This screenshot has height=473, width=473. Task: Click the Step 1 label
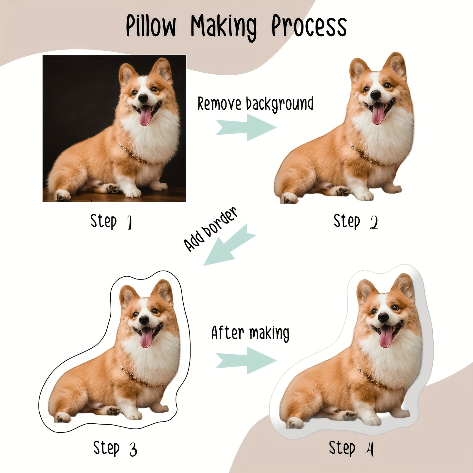coord(111,222)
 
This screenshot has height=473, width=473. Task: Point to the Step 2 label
coord(355,222)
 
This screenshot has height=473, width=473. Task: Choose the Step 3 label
coord(115,448)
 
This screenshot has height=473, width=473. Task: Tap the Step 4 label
coord(351,448)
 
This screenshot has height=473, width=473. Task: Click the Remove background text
coord(255,104)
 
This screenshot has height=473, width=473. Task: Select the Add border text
coord(210,229)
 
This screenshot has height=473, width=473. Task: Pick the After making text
coord(250,333)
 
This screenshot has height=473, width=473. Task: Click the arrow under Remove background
coord(246,127)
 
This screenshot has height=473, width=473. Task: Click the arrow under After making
coord(246,360)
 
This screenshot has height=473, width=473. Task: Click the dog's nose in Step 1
coord(143,98)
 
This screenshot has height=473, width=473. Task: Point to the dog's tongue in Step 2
coord(378,115)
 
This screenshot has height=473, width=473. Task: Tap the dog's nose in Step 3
coord(144,320)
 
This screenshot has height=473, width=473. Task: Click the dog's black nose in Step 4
coord(383,317)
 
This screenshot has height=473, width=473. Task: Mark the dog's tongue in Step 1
coord(145,117)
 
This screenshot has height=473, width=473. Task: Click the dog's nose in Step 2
coord(375,95)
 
